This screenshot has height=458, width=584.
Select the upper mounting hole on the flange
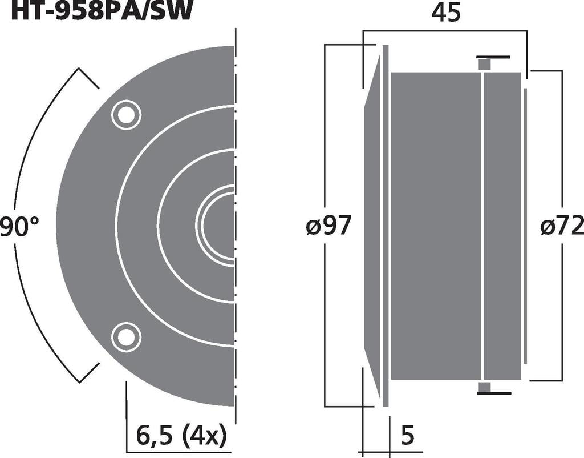coord(125,115)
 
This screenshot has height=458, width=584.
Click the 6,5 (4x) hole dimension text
coord(181,436)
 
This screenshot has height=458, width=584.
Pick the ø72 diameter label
coord(562,227)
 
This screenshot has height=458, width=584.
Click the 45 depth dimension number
coord(445,13)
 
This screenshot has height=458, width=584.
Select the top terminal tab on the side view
coord(485,63)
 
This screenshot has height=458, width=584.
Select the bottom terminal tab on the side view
coord(485,388)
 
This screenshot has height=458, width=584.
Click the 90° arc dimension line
coord(23,171)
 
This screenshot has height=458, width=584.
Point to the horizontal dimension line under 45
coord(445,31)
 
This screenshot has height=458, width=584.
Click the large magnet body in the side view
coord(436,226)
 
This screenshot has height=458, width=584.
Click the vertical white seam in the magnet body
coord(482,226)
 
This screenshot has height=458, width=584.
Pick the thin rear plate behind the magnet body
coord(525,226)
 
